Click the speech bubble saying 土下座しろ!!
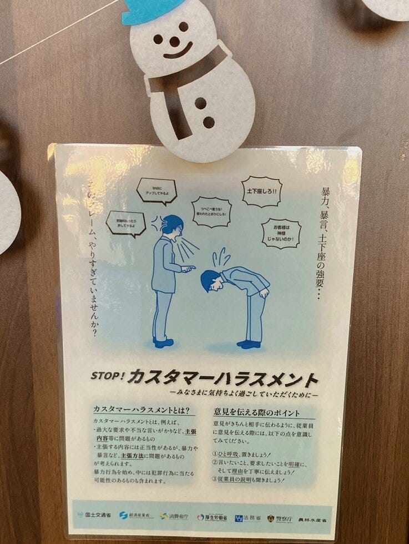tap(261, 192)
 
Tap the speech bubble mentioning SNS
tap(156, 190)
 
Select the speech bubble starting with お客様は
tap(281, 233)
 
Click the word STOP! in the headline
tap(108, 375)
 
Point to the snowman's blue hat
tap(150, 10)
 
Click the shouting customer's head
tap(171, 225)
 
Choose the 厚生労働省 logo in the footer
tap(211, 517)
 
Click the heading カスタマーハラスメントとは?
tap(145, 411)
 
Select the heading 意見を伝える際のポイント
tap(256, 412)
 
